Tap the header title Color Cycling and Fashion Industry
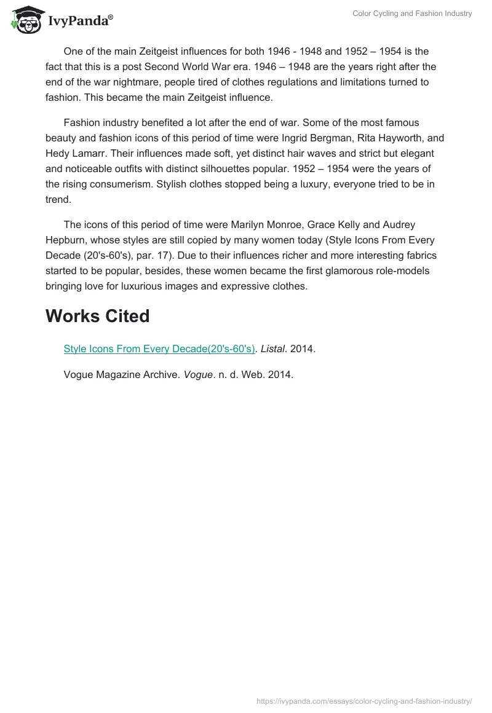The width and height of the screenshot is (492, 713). pos(412,14)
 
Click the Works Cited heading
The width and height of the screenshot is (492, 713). pos(97,316)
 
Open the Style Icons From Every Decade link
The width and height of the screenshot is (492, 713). pos(159,349)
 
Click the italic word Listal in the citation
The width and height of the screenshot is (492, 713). pos(272,349)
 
